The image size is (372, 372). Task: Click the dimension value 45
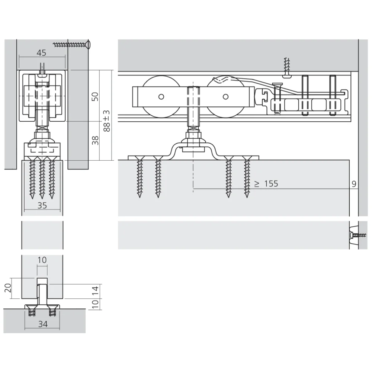coord(41,53)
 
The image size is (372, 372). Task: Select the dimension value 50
coord(95,96)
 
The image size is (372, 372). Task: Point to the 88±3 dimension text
coord(107,121)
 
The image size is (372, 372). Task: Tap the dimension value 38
coord(95,141)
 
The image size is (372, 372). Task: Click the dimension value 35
coord(42,205)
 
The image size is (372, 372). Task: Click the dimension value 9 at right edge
coord(354,183)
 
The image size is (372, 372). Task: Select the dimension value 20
coord(8,287)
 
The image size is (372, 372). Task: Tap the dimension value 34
coord(43,324)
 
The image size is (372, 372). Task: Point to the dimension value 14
coord(95,291)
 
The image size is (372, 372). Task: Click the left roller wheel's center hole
coord(161,97)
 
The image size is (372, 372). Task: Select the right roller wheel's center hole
coord(225,97)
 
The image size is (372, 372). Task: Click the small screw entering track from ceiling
coord(286,67)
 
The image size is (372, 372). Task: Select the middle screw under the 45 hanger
coord(42,178)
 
